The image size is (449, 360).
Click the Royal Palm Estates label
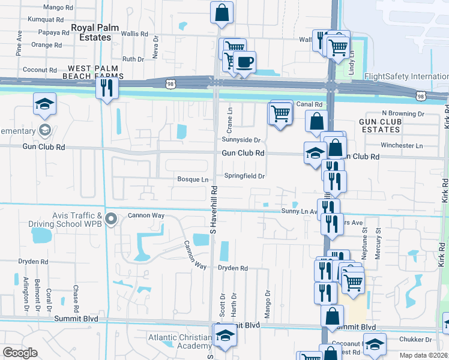tap(91, 32)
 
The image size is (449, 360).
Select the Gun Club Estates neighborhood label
tap(380, 125)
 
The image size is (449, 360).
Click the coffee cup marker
tap(244, 62)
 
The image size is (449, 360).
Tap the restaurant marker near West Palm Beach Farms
tap(107, 88)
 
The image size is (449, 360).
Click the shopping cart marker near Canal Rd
tap(280, 113)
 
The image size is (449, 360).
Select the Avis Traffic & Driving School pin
tap(110, 219)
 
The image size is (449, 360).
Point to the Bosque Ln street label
tap(193, 179)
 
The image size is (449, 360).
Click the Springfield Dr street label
tap(244, 176)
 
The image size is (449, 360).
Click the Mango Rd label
tap(58, 7)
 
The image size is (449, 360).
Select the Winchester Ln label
tap(402, 145)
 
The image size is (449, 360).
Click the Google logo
tap(20, 353)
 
